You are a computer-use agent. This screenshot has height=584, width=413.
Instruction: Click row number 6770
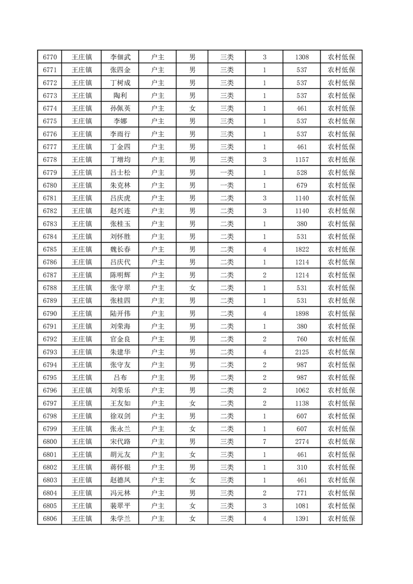(x=50, y=57)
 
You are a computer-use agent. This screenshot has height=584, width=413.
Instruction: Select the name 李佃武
(x=120, y=57)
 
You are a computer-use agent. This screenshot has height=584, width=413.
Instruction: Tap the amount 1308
(x=302, y=57)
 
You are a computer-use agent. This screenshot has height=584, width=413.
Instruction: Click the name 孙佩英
(x=120, y=108)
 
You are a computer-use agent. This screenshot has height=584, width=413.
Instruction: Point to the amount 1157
(x=302, y=160)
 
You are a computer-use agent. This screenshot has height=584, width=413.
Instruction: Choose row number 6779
(x=50, y=172)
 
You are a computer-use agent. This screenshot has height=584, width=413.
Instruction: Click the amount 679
(x=302, y=185)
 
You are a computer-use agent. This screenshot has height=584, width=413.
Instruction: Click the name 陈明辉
(x=120, y=275)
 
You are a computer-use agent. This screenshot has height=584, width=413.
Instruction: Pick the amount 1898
(x=302, y=313)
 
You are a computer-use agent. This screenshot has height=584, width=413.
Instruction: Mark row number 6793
(x=50, y=352)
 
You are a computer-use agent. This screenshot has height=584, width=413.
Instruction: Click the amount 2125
(x=302, y=352)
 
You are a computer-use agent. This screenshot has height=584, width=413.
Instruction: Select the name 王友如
(x=120, y=403)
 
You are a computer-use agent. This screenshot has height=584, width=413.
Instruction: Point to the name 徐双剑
(x=120, y=416)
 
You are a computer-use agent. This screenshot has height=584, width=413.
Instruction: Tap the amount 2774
(x=302, y=441)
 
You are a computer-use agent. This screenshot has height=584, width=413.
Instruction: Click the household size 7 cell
(x=265, y=441)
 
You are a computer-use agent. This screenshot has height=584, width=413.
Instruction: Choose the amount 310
(x=302, y=467)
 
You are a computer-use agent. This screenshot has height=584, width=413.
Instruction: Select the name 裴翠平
(x=120, y=505)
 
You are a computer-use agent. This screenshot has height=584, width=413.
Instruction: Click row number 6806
(x=50, y=518)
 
